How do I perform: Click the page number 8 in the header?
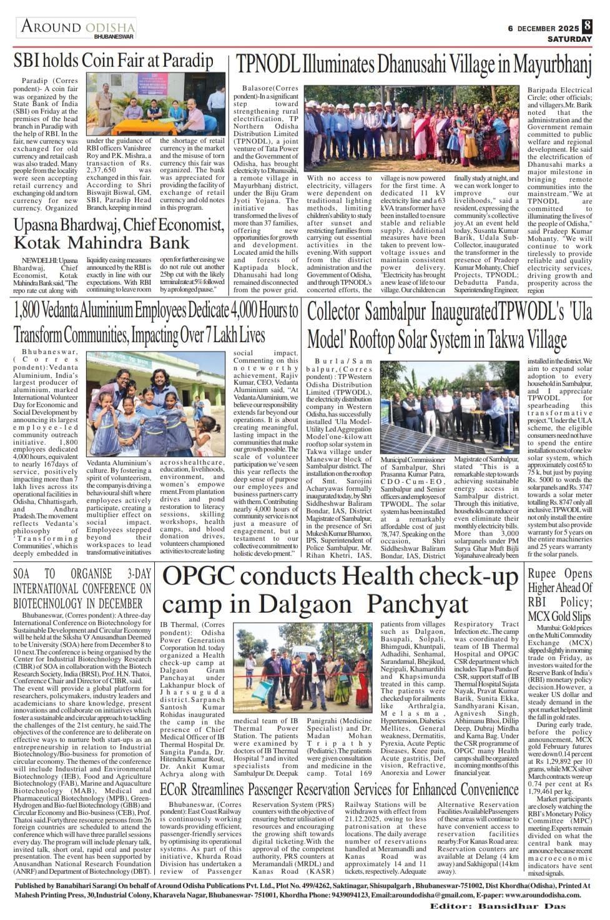587,27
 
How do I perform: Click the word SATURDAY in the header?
569,39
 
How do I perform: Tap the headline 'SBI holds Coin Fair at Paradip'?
114,61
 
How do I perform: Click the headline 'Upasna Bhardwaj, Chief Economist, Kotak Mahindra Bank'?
119,233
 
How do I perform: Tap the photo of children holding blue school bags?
155,403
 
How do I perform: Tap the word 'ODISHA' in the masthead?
110,27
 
